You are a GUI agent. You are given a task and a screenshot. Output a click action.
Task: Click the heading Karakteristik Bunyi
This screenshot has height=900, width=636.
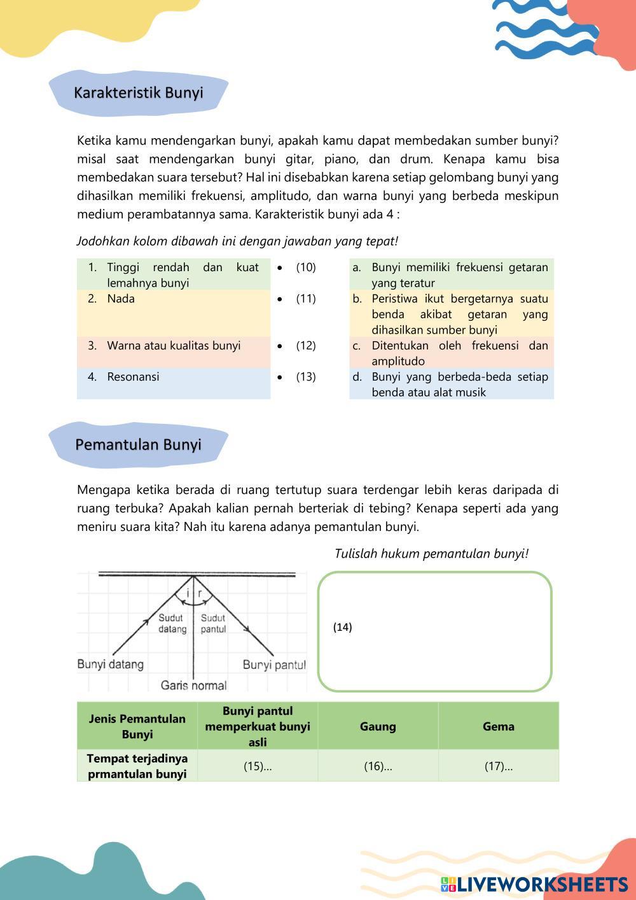tap(138, 93)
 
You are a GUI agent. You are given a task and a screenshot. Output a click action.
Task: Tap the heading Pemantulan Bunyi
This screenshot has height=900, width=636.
tap(138, 444)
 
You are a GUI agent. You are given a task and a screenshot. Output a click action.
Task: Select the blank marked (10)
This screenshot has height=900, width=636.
tap(305, 267)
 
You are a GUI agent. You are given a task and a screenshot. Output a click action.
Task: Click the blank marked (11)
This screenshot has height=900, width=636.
tap(305, 299)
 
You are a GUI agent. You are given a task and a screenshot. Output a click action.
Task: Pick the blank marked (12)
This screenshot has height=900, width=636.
tap(305, 346)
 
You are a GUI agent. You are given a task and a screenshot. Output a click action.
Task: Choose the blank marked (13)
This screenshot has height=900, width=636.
tap(305, 377)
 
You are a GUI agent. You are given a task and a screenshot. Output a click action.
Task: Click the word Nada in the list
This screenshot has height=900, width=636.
tap(121, 299)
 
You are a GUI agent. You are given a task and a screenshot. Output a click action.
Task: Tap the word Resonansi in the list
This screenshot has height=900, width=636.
tap(133, 377)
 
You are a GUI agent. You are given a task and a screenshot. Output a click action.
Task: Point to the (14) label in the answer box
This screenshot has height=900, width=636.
tap(342, 627)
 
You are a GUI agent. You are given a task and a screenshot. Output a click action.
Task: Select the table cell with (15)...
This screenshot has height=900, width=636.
tap(258, 766)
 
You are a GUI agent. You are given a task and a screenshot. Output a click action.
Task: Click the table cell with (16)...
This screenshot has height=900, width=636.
tap(378, 766)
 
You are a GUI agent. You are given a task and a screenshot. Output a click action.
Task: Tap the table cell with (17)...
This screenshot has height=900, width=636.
tap(499, 766)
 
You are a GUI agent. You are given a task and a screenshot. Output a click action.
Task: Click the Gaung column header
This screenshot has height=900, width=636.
tap(378, 726)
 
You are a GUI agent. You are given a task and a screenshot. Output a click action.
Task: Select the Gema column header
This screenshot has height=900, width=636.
tap(499, 726)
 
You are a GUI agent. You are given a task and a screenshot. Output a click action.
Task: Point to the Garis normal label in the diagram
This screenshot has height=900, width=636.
tap(193, 685)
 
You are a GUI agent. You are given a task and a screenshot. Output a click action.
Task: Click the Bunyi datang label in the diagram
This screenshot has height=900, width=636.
tap(111, 664)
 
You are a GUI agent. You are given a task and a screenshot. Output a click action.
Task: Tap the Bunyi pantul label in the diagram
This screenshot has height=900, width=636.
tap(274, 665)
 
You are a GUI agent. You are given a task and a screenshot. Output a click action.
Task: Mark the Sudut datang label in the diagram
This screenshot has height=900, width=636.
tap(172, 623)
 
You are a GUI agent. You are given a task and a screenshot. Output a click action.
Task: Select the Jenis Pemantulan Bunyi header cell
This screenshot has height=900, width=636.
tap(137, 726)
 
